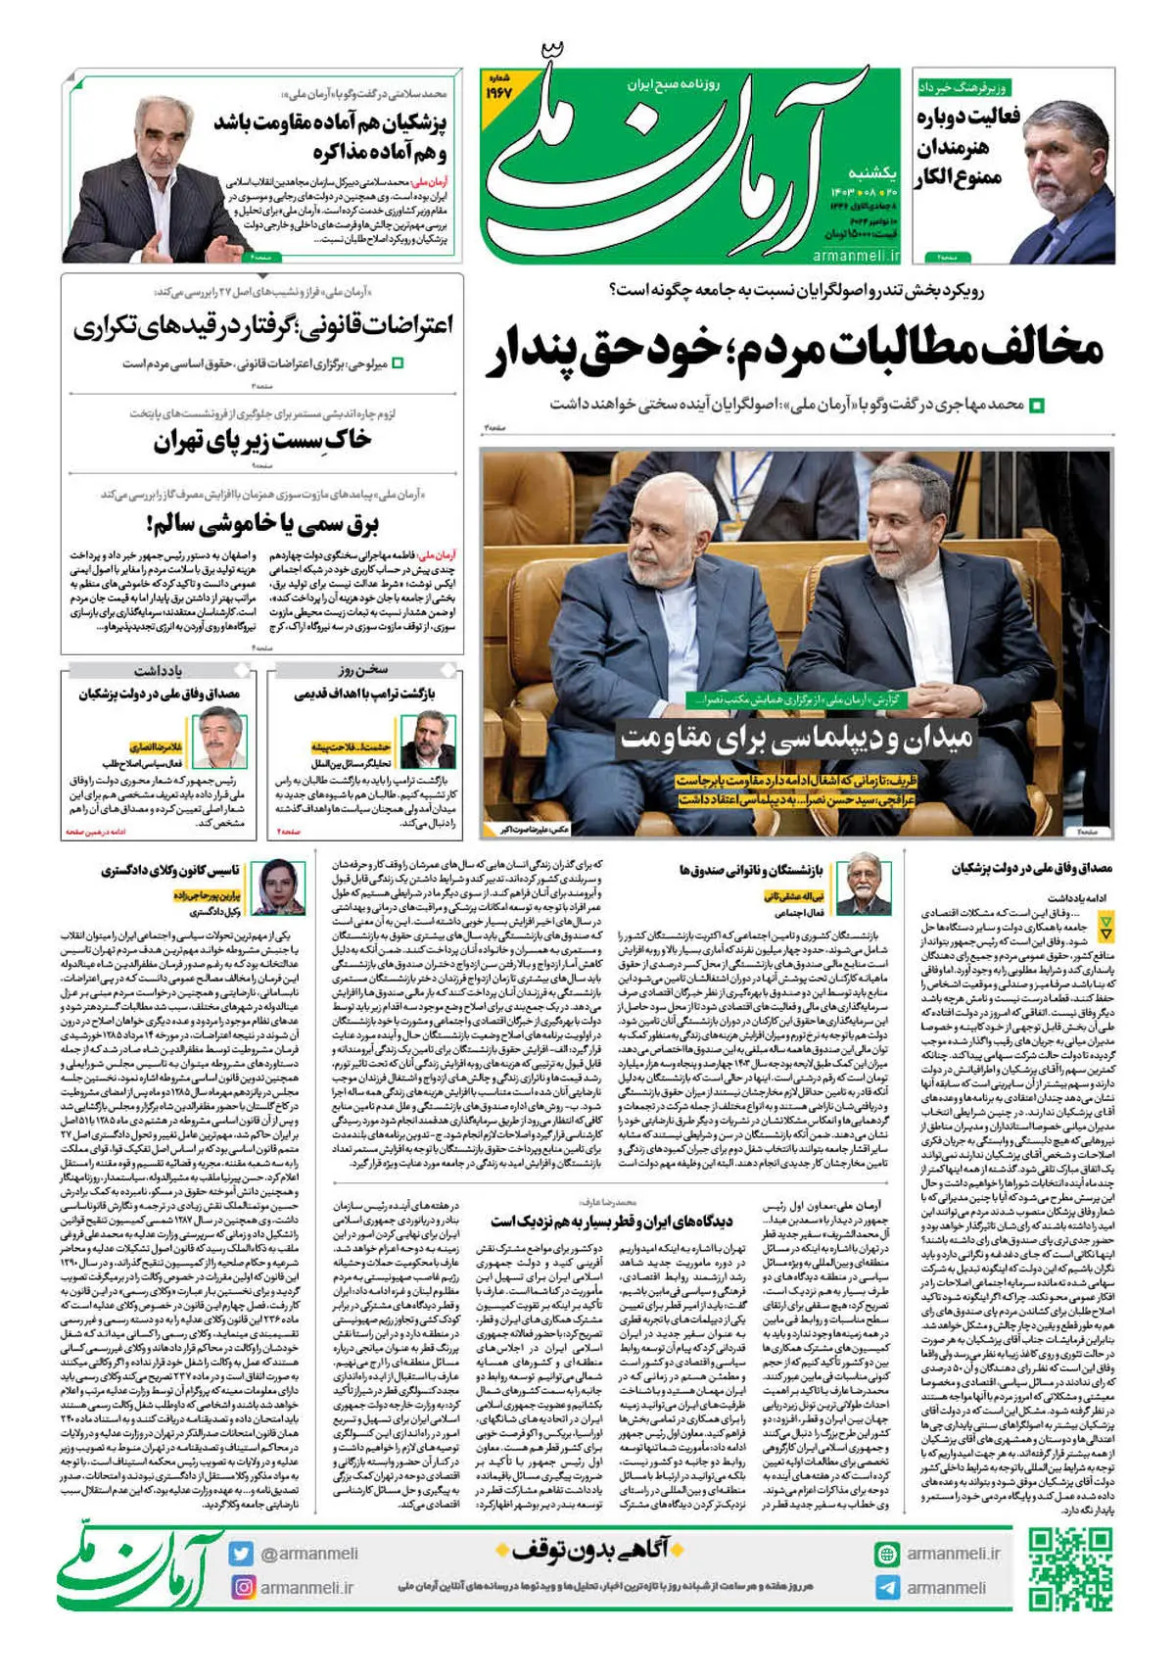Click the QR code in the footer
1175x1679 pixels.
(1070, 1570)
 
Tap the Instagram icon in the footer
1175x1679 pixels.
(243, 1587)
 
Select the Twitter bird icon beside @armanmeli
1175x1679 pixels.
(241, 1554)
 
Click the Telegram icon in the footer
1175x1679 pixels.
(887, 1587)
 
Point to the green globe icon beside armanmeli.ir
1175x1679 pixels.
(887, 1554)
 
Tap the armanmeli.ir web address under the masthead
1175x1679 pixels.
(856, 256)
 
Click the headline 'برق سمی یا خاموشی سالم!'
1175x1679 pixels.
(261, 524)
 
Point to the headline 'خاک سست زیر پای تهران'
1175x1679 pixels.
(261, 442)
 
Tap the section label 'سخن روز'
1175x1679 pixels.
(364, 670)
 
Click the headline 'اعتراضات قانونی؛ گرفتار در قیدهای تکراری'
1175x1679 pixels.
(262, 327)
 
